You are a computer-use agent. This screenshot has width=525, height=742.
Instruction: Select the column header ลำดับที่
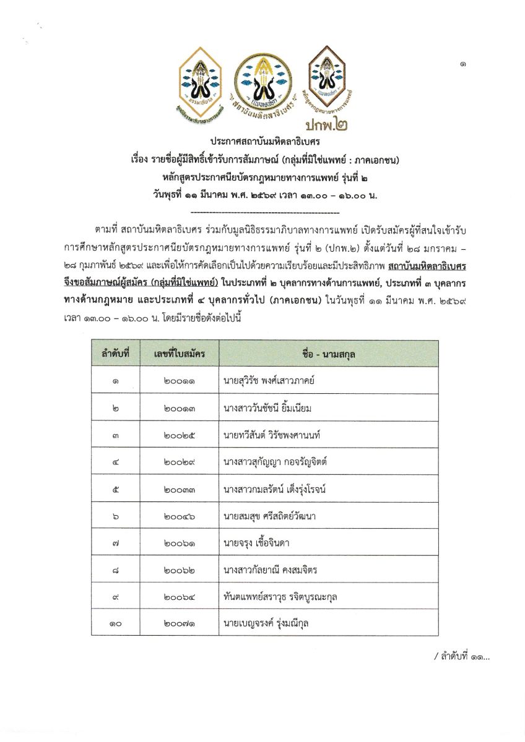(116, 354)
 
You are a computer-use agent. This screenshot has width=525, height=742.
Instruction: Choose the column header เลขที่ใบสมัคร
(180, 354)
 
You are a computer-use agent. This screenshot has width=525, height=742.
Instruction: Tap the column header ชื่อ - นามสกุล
(329, 354)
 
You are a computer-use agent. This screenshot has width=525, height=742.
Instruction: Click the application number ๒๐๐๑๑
(180, 381)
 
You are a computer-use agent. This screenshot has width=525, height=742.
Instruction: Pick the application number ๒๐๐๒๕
(180, 435)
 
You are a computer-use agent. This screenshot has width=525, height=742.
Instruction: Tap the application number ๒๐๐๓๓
(180, 489)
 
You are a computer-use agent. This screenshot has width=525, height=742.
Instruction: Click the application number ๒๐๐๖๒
(180, 570)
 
